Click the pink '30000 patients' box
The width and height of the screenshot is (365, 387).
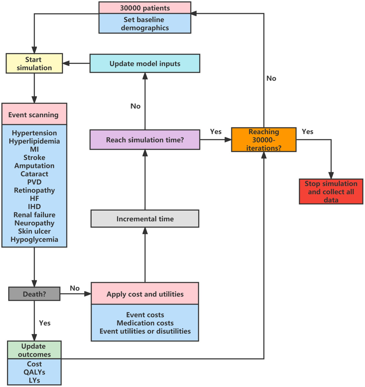click(x=145, y=8)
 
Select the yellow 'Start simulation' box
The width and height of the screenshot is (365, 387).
click(x=34, y=64)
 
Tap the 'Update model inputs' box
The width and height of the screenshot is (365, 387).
click(x=145, y=64)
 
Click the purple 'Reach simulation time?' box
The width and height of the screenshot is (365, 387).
click(x=145, y=140)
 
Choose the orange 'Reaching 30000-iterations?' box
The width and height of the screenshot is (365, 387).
click(x=264, y=140)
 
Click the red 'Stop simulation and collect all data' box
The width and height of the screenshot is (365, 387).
click(x=331, y=192)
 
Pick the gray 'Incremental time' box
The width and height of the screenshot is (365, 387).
click(x=145, y=219)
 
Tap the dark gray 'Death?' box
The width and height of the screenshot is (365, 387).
click(x=34, y=294)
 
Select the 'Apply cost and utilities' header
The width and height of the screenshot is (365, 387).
click(x=145, y=294)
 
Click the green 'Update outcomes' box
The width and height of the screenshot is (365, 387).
click(x=34, y=350)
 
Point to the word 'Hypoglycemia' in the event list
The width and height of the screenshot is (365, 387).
click(x=34, y=239)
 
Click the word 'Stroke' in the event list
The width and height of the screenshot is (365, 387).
click(x=34, y=157)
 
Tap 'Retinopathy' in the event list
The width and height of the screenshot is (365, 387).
click(x=34, y=190)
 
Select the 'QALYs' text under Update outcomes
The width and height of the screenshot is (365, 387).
click(x=34, y=372)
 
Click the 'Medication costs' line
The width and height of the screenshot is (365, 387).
click(x=145, y=323)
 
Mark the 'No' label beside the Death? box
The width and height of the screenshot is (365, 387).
click(x=75, y=288)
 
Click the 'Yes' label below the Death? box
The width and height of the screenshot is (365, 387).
click(x=45, y=323)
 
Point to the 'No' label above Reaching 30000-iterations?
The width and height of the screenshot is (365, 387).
click(x=271, y=78)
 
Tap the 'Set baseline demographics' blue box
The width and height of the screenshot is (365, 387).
click(x=145, y=24)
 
